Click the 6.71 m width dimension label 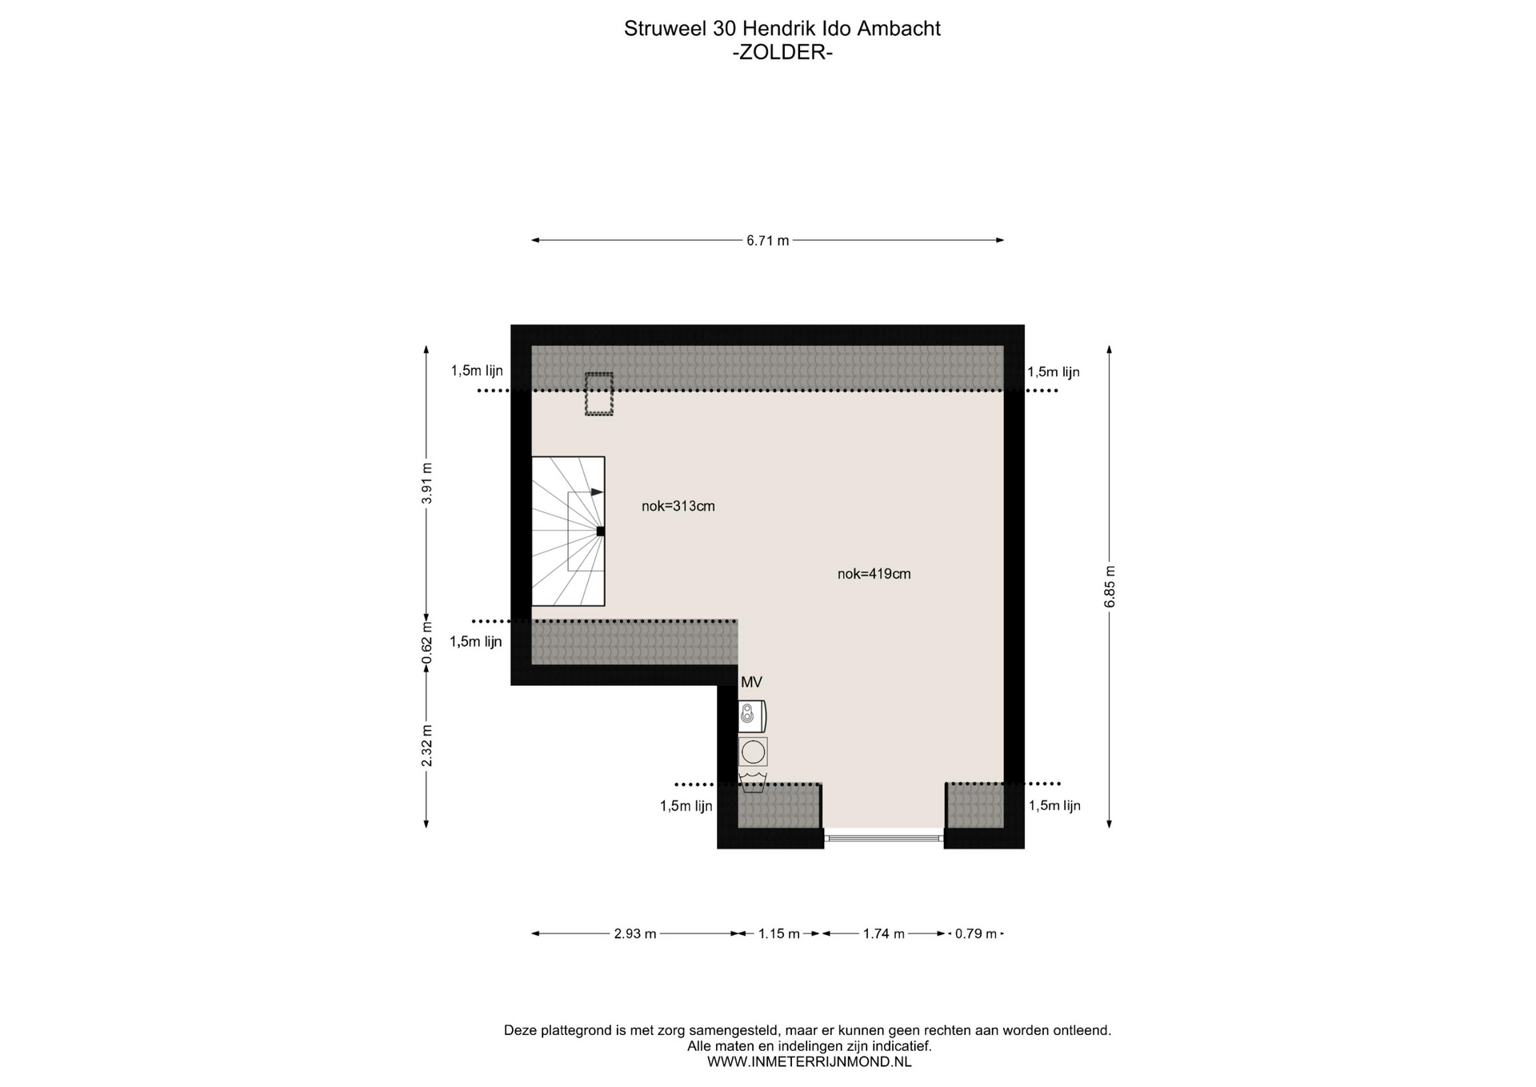tap(768, 241)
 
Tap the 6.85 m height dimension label tap(1110, 587)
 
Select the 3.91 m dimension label tap(426, 484)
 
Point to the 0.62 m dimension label tap(426, 643)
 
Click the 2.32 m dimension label tap(426, 746)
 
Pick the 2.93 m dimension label tap(635, 934)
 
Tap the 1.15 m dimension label tap(779, 934)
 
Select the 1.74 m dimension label tap(884, 934)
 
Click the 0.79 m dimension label tap(976, 934)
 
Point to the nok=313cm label tap(678, 506)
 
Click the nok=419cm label tap(874, 574)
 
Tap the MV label tap(751, 683)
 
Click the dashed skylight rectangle tap(599, 394)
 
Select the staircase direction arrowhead tap(598, 492)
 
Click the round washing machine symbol tap(753, 752)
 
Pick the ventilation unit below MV tap(752, 716)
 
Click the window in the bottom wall tap(884, 838)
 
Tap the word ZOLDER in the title tap(783, 53)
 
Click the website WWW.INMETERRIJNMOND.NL tap(809, 1062)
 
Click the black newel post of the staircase tap(601, 531)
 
